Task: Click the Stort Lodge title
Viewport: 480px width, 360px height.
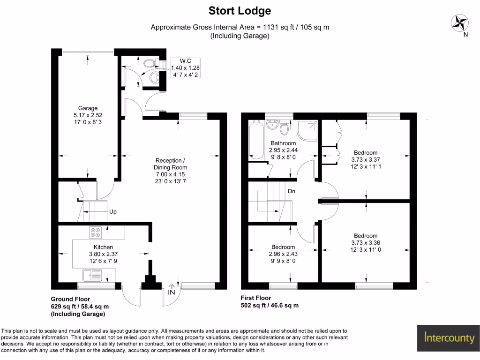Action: click(240, 11)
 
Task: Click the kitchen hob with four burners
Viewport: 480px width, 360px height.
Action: click(96, 233)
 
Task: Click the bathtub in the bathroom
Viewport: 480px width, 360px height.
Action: click(256, 139)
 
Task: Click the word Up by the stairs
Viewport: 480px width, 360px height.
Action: click(112, 212)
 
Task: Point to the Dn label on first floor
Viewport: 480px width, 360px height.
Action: click(291, 192)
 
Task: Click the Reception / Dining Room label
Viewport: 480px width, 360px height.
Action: click(171, 164)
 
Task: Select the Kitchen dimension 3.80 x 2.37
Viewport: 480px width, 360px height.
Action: click(103, 254)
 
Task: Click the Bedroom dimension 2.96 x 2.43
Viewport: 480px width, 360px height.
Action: click(283, 254)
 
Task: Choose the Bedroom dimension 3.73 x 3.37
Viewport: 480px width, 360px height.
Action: click(366, 160)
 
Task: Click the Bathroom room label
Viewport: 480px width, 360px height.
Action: click(283, 143)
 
